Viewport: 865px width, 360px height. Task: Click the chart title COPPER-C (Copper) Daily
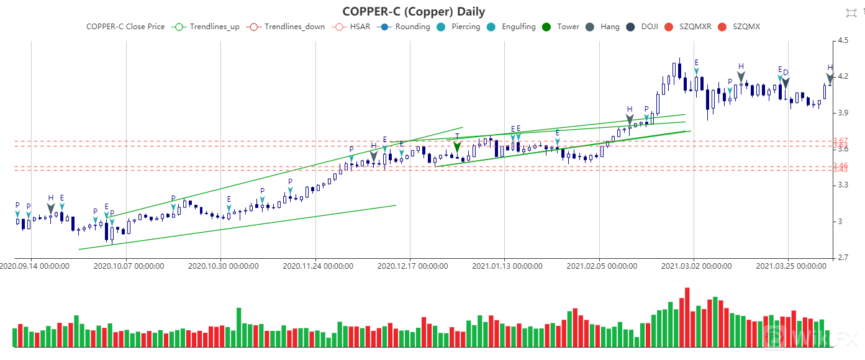[414, 12]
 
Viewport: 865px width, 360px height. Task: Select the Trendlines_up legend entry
[208, 27]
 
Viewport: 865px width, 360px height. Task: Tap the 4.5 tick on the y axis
[843, 40]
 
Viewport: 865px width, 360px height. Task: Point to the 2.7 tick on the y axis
[843, 258]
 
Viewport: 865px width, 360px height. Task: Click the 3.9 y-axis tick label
[843, 113]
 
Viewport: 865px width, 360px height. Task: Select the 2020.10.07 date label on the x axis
[129, 266]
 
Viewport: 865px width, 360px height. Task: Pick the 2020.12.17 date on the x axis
[412, 266]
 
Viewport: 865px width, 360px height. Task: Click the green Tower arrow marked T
[457, 147]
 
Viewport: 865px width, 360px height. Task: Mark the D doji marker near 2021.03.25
[785, 81]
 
